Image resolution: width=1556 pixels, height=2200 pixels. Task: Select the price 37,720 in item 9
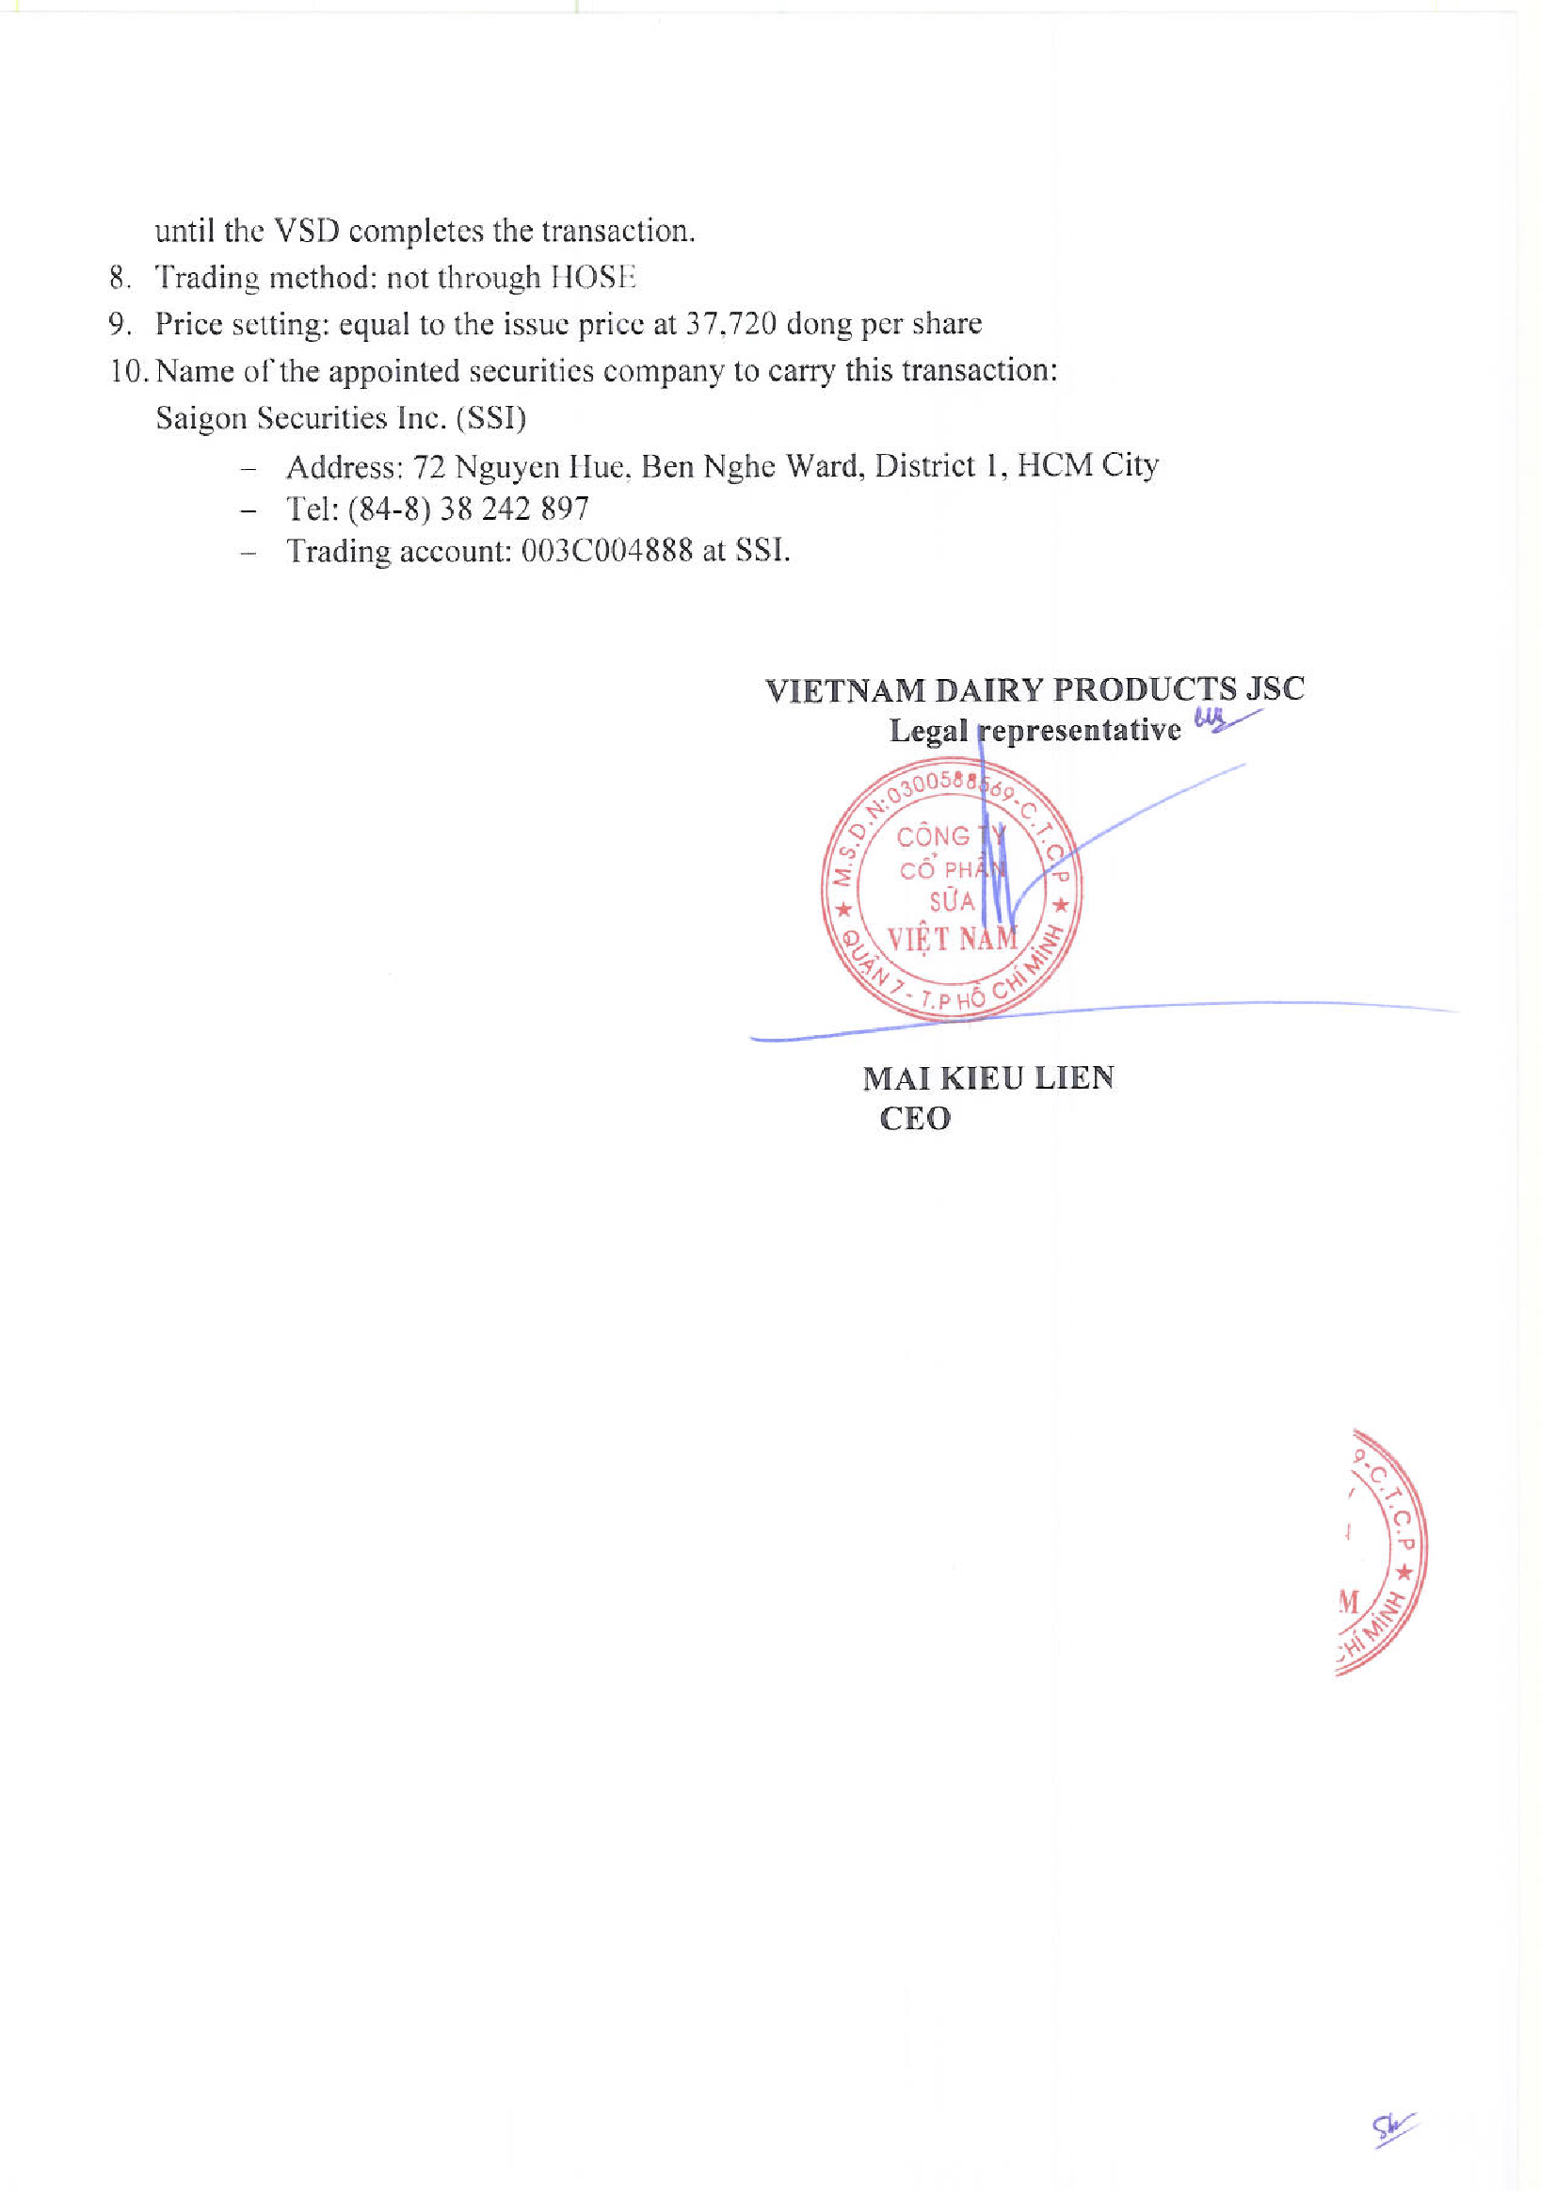pos(730,324)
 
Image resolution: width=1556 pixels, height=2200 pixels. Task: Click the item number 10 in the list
pos(125,371)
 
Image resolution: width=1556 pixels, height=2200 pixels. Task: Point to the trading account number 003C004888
pos(606,551)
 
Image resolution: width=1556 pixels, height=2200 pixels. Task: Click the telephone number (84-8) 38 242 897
pos(468,508)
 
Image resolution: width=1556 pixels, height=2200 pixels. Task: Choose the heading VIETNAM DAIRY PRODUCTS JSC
pos(1035,689)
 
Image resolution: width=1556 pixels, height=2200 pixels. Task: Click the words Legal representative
pos(1035,731)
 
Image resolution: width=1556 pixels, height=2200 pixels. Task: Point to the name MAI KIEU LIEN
pos(987,1077)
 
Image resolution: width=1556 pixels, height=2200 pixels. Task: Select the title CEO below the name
pos(915,1119)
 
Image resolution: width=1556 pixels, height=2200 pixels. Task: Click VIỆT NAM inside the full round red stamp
pos(953,938)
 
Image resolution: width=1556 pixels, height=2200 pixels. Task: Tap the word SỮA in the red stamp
pos(952,901)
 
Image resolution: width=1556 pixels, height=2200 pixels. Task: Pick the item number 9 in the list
pos(119,324)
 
